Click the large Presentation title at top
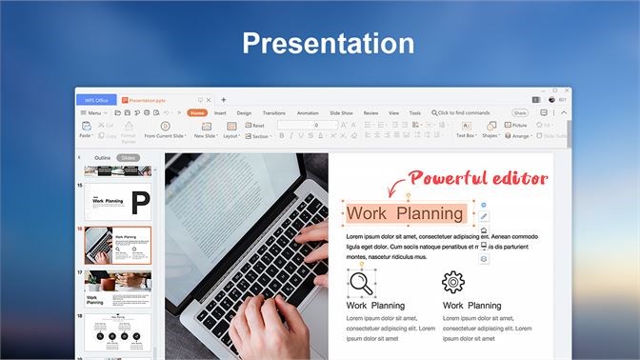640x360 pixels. click(x=327, y=44)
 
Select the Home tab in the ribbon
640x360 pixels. click(x=197, y=112)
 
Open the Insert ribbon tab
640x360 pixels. click(x=220, y=112)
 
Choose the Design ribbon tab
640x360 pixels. click(x=244, y=112)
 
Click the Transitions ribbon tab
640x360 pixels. click(x=273, y=112)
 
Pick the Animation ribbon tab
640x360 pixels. click(x=308, y=112)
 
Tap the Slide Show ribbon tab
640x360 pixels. click(x=341, y=112)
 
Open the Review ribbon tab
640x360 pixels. click(x=370, y=112)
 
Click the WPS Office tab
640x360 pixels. click(x=96, y=99)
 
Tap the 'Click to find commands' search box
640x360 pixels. click(x=464, y=112)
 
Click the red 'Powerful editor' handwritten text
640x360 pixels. click(x=491, y=177)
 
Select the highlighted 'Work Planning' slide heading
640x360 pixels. click(x=407, y=213)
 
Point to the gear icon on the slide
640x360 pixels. click(x=453, y=282)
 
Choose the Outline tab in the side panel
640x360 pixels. click(x=103, y=157)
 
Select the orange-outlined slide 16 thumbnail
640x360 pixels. click(x=118, y=245)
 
